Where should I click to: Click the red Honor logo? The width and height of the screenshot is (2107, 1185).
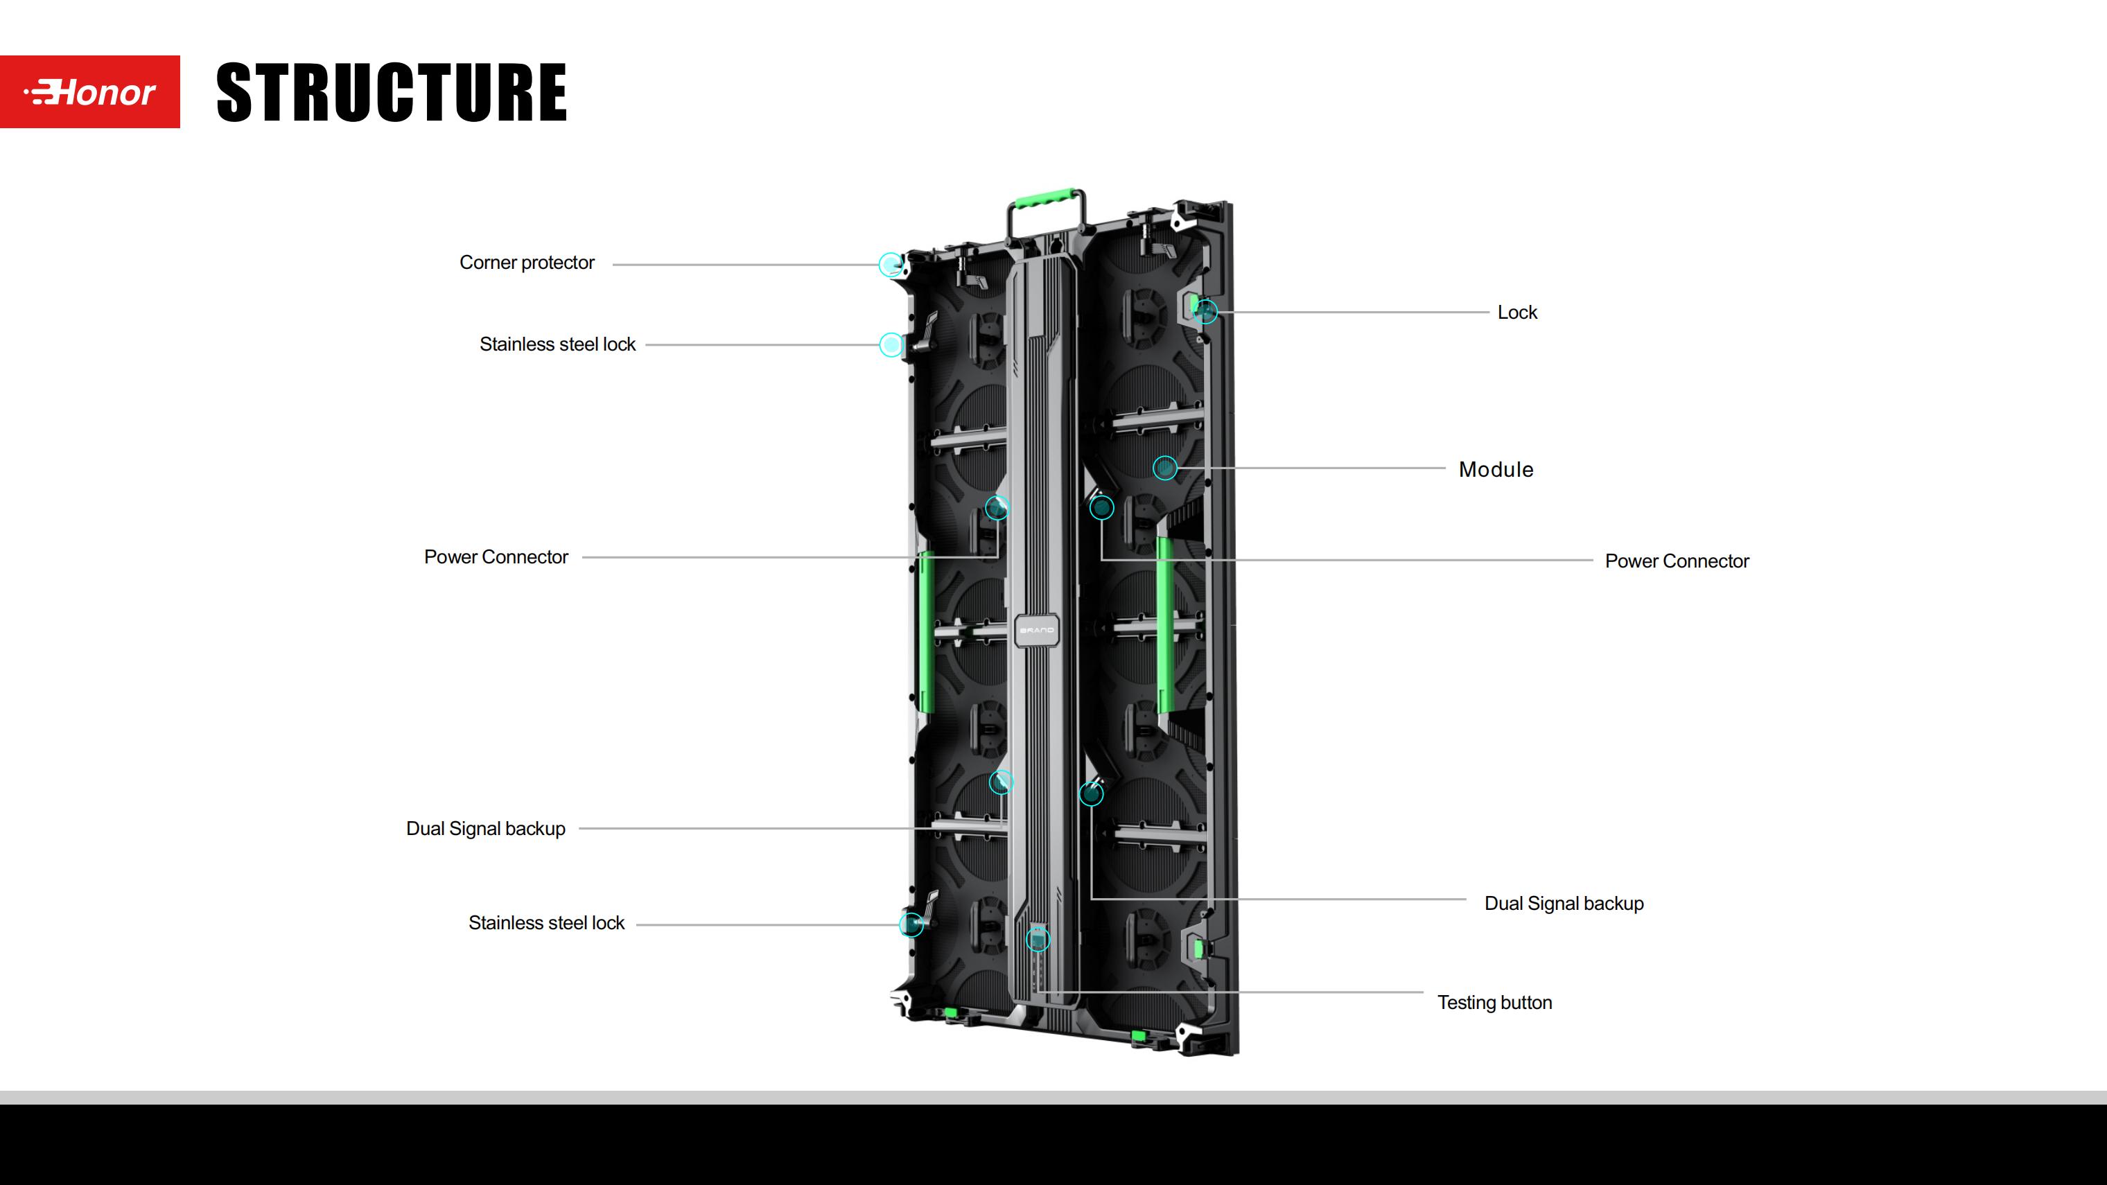(90, 91)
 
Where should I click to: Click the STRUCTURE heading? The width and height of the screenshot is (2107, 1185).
(391, 92)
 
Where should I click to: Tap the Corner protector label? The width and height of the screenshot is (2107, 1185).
(527, 263)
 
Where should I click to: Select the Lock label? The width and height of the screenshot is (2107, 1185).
(1517, 313)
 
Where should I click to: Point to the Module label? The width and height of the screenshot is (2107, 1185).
(1496, 469)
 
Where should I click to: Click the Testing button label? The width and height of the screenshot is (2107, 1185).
(1494, 1003)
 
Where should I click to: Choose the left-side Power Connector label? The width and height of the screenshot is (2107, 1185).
(496, 557)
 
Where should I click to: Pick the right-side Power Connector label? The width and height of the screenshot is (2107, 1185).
(1677, 561)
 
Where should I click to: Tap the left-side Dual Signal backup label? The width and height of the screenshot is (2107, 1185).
(486, 828)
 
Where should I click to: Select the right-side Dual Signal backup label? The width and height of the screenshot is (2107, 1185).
(1564, 904)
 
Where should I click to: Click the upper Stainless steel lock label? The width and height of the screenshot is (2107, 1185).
(557, 344)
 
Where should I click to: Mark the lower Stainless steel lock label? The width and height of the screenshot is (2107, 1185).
(546, 922)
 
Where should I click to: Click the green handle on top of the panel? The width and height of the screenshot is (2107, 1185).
(1045, 199)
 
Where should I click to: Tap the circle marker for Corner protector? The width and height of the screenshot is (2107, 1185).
(891, 264)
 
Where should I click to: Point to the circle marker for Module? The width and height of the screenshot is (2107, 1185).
(1164, 468)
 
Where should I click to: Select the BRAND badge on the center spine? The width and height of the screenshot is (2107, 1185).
(1037, 630)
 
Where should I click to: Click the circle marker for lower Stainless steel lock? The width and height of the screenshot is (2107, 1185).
(911, 924)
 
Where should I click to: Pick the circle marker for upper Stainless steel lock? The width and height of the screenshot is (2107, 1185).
(891, 344)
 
